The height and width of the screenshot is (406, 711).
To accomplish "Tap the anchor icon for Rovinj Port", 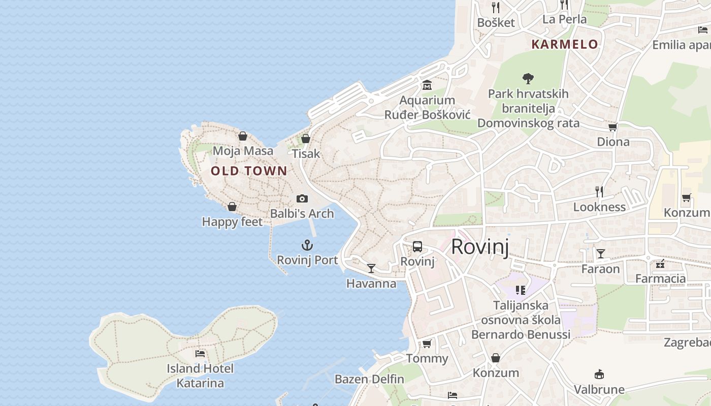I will coord(307,246).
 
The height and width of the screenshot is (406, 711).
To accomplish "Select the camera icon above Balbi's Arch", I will coord(302,198).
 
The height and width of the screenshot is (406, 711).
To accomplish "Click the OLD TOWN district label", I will coord(249,171).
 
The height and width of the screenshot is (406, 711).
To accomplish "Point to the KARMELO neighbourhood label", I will coord(565,45).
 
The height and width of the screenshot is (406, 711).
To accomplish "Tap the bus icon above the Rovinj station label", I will coord(417,247).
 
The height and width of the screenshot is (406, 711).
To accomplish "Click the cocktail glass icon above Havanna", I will coord(371,268).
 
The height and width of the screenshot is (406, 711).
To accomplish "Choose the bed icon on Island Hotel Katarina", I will coord(200,353).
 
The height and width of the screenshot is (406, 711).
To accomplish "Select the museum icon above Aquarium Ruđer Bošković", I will coord(427,85).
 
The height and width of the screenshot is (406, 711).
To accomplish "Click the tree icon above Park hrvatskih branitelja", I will coord(528,78).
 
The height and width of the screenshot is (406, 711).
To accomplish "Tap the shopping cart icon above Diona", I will coord(613,127).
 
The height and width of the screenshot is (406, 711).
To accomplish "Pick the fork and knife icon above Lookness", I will coord(599,191).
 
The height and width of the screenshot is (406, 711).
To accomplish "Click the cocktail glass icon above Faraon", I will coord(601,253).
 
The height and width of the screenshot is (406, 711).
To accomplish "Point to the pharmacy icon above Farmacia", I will coord(660,263).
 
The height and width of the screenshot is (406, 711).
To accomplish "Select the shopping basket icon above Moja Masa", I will coord(243,136).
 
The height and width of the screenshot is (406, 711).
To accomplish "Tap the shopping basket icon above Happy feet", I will coord(232,207).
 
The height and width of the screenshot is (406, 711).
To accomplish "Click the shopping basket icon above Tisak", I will coord(306,138).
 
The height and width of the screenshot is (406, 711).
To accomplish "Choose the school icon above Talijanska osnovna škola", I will coord(521,290).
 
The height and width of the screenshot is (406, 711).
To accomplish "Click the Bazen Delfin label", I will coord(369,379).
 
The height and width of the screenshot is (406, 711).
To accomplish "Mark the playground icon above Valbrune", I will coord(599,375).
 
